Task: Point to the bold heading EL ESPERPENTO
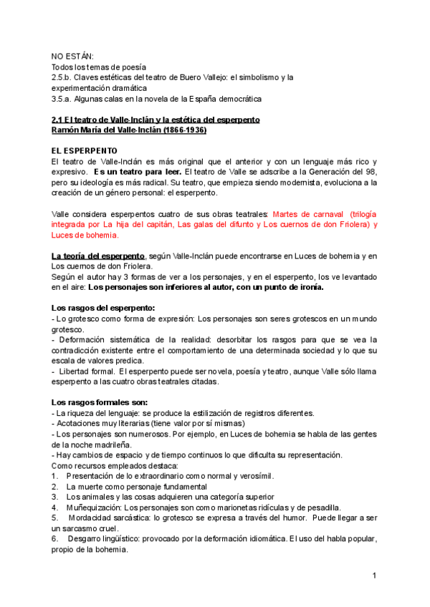pyautogui.click(x=84, y=152)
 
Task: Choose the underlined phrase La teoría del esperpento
pyautogui.click(x=97, y=256)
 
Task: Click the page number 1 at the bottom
pyautogui.click(x=374, y=576)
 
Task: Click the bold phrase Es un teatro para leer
pyautogui.click(x=137, y=173)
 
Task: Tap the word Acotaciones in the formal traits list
pyautogui.click(x=80, y=423)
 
